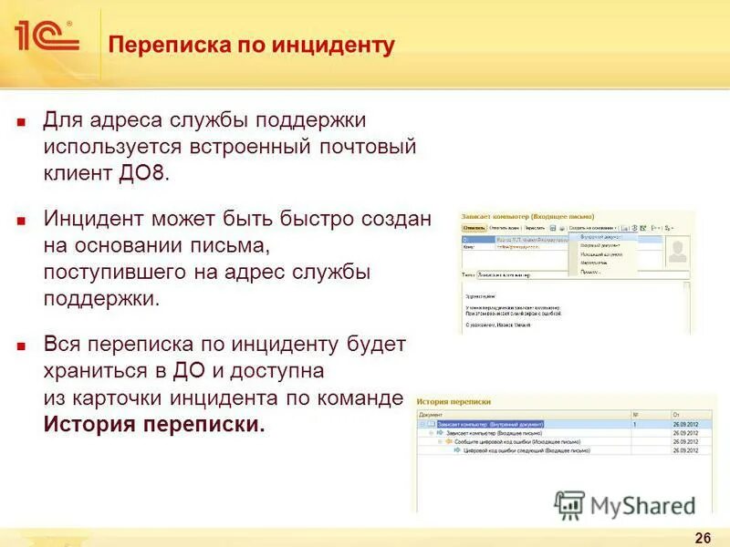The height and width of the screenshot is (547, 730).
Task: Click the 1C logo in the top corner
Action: (46, 36)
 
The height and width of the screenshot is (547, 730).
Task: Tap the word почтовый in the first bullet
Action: (370, 147)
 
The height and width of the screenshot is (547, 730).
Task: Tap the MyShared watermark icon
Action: (569, 505)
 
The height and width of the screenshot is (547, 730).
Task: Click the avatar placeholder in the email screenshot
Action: (676, 251)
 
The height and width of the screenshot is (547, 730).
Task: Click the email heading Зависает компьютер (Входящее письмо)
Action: (520, 216)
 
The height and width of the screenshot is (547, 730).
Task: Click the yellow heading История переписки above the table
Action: (454, 400)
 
